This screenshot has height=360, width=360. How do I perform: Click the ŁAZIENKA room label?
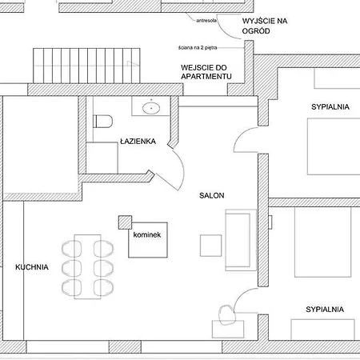138,142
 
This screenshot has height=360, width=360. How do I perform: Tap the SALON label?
212,195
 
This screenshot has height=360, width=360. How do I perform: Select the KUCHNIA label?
32,267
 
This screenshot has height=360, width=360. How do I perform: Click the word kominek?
147,234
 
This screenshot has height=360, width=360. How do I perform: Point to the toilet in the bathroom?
103,122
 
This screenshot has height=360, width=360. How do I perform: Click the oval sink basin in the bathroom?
151,108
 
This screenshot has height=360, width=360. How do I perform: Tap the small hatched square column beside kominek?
125,222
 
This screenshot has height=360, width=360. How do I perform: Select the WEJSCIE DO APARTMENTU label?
206,72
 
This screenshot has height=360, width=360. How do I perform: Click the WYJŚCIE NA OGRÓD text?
265,26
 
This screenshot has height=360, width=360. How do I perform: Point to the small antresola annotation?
206,20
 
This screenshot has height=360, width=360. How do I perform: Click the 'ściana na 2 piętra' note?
198,48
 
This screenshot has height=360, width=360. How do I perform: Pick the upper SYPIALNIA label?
330,106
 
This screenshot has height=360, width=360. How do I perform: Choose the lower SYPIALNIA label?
325,310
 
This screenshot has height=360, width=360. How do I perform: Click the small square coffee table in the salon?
210,246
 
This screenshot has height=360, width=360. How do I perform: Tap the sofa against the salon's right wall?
241,240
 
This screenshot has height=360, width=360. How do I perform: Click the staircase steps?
86,66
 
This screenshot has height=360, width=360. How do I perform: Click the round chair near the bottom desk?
227,314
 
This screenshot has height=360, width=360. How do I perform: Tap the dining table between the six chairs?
87,266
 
